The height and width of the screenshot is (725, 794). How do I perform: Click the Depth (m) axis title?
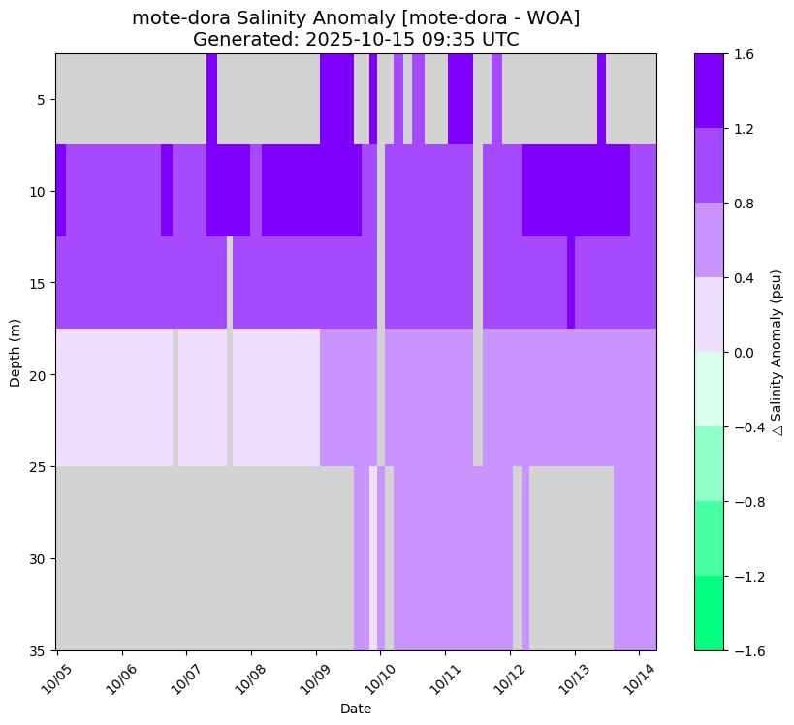pyautogui.click(x=15, y=352)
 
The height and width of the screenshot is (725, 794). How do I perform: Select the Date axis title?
pyautogui.click(x=356, y=709)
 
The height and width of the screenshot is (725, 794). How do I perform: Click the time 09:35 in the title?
pyautogui.click(x=451, y=40)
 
